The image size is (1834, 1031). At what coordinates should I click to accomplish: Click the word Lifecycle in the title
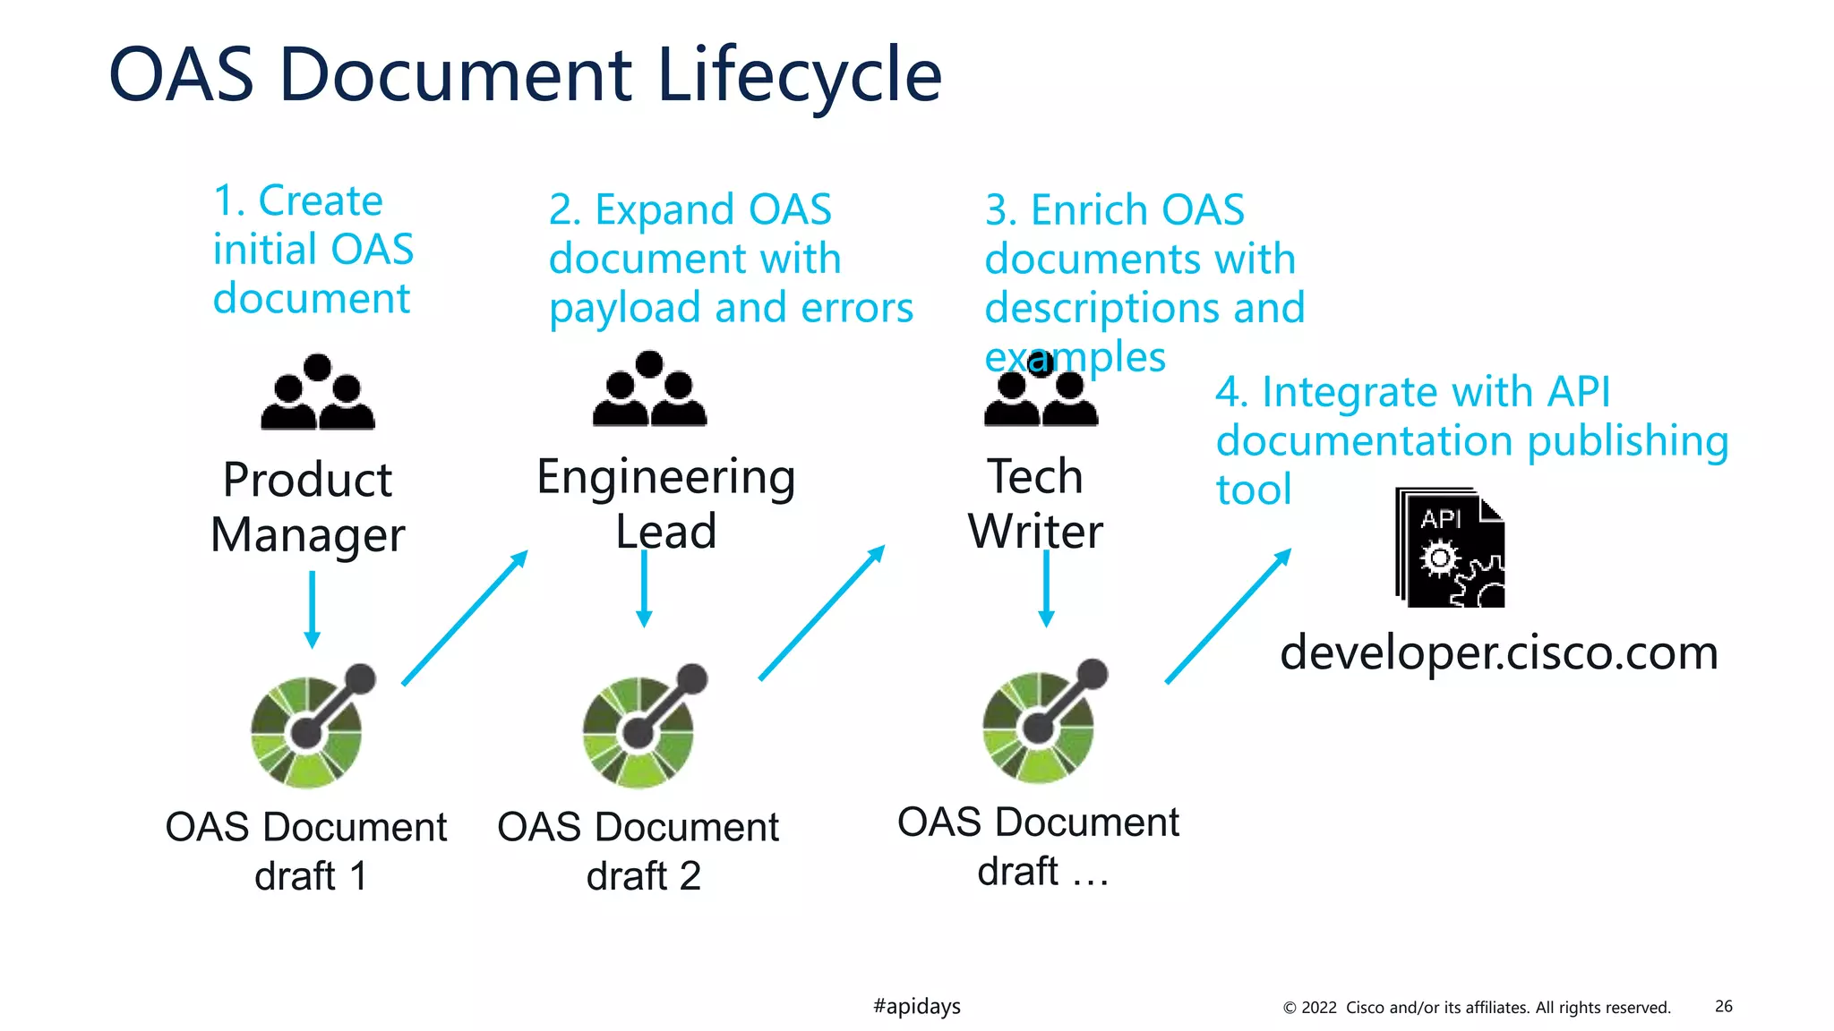799,75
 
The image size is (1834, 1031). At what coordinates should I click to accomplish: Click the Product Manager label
308,507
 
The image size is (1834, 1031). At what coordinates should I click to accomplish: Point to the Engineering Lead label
665,503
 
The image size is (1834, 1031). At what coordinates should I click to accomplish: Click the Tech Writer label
1035,503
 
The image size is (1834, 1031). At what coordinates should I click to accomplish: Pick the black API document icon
1450,548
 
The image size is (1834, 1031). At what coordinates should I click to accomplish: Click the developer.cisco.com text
1499,652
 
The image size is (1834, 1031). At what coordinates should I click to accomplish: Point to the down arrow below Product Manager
312,609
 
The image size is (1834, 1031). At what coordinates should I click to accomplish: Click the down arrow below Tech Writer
1046,588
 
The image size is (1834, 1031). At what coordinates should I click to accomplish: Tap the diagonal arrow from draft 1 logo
465,618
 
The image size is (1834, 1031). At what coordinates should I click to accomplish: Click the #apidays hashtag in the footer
916,1006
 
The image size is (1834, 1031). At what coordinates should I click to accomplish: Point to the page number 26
1723,1006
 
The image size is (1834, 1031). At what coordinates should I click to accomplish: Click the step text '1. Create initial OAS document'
313,250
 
